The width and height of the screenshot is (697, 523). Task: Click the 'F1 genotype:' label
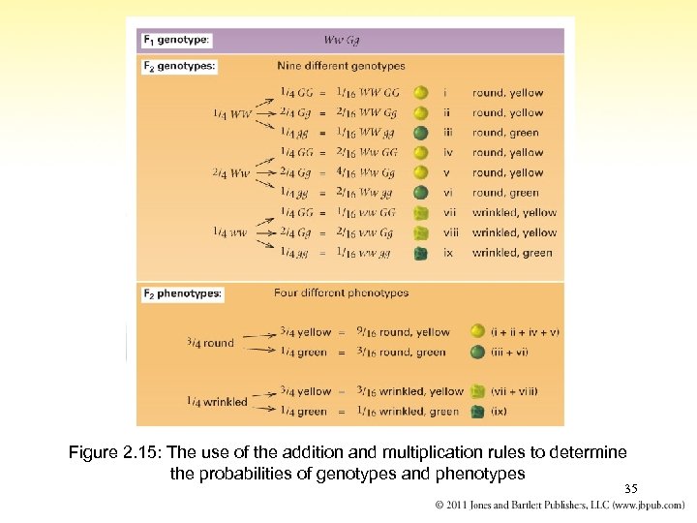[x=177, y=40]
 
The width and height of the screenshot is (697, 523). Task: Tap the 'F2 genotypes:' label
[x=180, y=67]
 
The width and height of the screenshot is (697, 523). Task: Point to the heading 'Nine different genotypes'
[x=341, y=66]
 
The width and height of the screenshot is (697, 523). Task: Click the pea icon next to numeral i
[x=420, y=93]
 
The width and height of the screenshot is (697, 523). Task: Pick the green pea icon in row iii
[x=420, y=133]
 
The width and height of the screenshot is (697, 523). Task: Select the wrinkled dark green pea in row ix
[x=420, y=253]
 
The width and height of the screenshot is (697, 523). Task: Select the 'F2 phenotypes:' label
[x=182, y=293]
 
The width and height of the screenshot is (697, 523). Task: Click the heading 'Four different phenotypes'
[x=341, y=292]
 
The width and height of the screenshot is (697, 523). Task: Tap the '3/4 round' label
[x=211, y=343]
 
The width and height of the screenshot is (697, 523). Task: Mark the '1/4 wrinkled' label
[x=217, y=402]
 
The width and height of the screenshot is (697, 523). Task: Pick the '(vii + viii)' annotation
[x=514, y=391]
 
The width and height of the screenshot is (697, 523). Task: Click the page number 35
[x=631, y=489]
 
